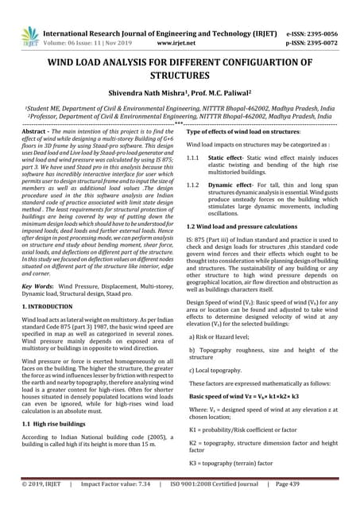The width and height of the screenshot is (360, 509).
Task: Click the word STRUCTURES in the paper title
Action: [x=180, y=76]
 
